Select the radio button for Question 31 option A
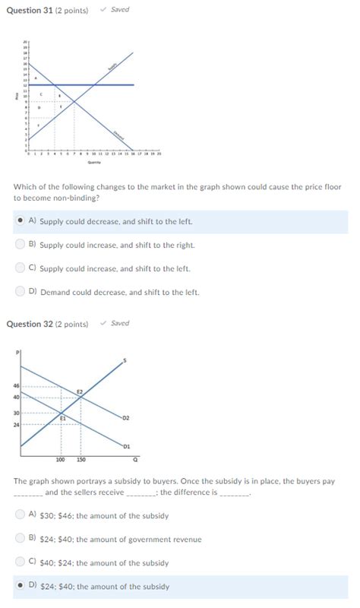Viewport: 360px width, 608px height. click(20, 221)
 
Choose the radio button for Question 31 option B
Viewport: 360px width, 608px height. click(20, 245)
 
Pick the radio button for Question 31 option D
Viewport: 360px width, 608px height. click(20, 291)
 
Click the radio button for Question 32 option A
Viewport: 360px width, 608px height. click(20, 515)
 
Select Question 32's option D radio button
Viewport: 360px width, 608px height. click(20, 586)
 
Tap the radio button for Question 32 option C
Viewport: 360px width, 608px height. click(20, 562)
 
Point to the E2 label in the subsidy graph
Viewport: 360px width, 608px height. click(80, 391)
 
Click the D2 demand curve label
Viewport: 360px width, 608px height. click(125, 418)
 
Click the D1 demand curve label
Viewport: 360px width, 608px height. click(125, 446)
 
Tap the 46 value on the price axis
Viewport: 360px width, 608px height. click(14, 386)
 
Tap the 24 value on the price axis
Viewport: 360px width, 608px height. click(14, 423)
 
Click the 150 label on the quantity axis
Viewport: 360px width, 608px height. click(81, 460)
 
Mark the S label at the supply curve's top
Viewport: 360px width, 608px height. click(125, 359)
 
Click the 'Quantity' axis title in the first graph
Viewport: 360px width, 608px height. click(93, 161)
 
